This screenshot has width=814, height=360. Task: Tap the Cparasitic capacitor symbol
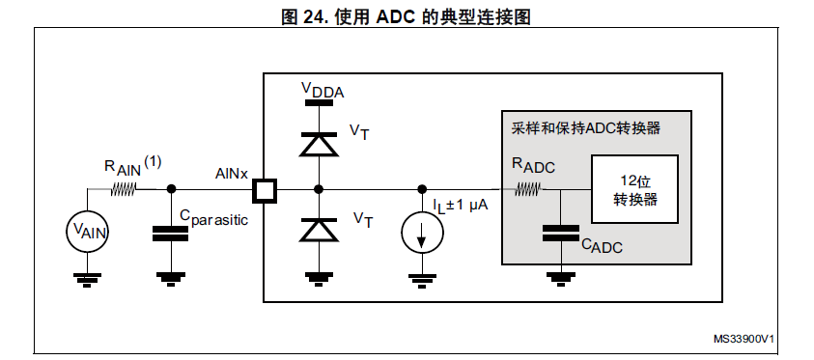[x=170, y=234]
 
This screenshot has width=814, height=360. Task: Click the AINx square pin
[x=265, y=190]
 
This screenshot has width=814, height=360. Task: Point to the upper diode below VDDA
[x=319, y=144]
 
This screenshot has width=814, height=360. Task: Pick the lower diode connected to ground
[x=319, y=230]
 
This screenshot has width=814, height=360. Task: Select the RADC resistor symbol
[x=527, y=190]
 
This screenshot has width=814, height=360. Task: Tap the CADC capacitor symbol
[x=561, y=233]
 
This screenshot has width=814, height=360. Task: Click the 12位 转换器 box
[x=635, y=189]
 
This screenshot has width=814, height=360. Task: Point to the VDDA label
[x=323, y=90]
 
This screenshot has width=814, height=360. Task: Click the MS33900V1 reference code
[x=744, y=339]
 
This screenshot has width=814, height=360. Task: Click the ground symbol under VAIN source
[x=87, y=280]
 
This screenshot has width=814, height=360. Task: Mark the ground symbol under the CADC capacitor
[x=561, y=279]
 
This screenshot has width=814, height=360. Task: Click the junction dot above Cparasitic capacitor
[x=170, y=189]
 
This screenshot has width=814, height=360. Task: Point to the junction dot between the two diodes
[x=319, y=189]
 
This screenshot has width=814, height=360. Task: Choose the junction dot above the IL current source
[x=423, y=189]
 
